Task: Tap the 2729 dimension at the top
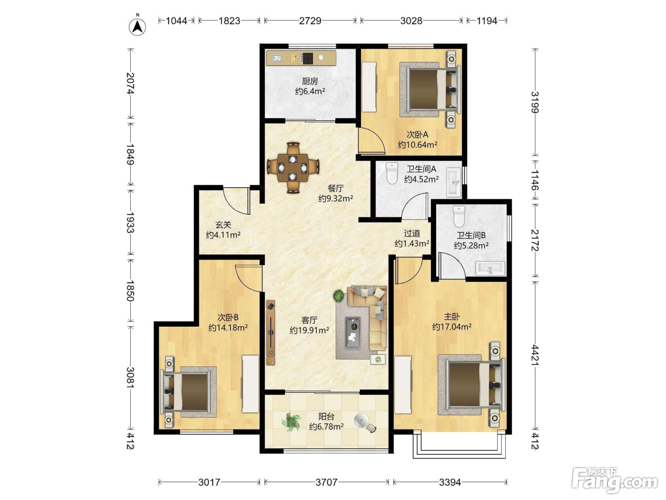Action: pyautogui.click(x=310, y=20)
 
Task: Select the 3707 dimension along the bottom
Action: pyautogui.click(x=326, y=482)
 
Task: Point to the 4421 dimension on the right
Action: pyautogui.click(x=535, y=355)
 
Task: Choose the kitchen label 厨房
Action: pyautogui.click(x=310, y=81)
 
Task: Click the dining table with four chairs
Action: pyautogui.click(x=293, y=167)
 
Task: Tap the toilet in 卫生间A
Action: pyautogui.click(x=392, y=173)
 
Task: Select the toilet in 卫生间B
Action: pyautogui.click(x=459, y=217)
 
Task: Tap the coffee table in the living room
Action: pyautogui.click(x=353, y=333)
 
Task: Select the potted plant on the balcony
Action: pyautogui.click(x=291, y=421)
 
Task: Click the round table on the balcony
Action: pyautogui.click(x=362, y=420)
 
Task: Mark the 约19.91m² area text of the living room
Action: pyautogui.click(x=309, y=330)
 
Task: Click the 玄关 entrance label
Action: pyautogui.click(x=223, y=225)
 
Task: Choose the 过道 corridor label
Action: pyautogui.click(x=412, y=233)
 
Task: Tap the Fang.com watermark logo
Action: pyautogui.click(x=615, y=481)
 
